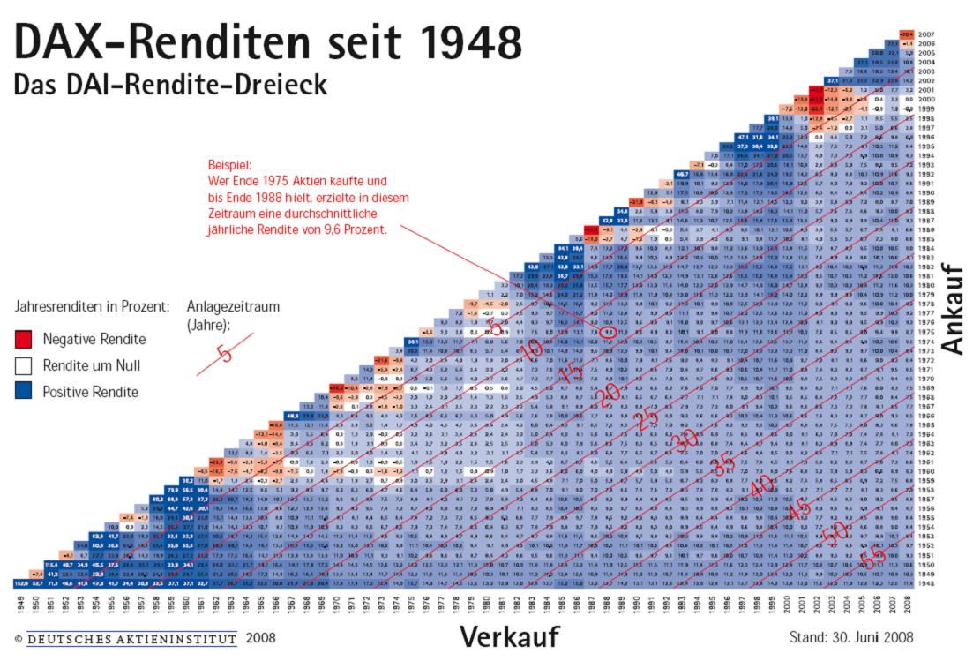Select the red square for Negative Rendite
click(x=24, y=339)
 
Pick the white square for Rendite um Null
click(x=24, y=365)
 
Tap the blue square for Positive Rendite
click(x=24, y=391)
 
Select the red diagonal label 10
click(x=531, y=351)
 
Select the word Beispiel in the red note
click(x=229, y=164)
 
